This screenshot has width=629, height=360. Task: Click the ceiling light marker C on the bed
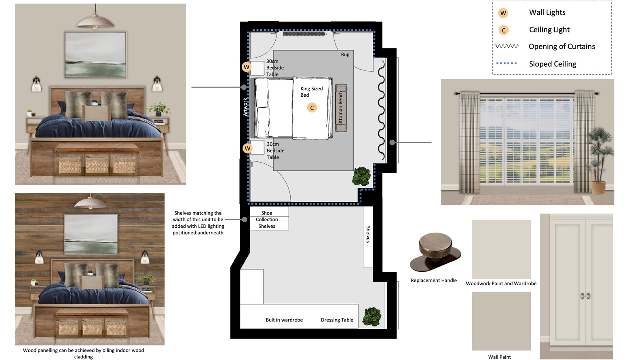(x=312, y=108)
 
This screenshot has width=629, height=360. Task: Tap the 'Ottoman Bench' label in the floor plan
(x=341, y=108)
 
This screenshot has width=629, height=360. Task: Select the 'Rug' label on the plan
(x=345, y=55)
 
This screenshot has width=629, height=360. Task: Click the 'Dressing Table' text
(x=337, y=320)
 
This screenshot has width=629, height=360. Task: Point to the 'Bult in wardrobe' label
(x=284, y=320)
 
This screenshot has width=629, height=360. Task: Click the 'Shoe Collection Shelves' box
(x=269, y=218)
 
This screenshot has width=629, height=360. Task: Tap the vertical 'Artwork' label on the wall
(x=245, y=107)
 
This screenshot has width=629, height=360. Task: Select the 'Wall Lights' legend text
(x=547, y=13)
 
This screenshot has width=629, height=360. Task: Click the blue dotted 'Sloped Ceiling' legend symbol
(x=506, y=63)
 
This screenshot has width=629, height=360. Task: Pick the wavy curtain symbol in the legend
(x=507, y=46)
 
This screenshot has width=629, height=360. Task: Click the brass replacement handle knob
(x=435, y=252)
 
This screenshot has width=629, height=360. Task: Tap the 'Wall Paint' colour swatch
(x=501, y=321)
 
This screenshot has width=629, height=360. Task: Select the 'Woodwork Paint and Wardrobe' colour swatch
(x=501, y=249)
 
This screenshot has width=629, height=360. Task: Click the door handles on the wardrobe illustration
(x=585, y=296)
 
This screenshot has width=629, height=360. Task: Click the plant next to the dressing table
(x=372, y=317)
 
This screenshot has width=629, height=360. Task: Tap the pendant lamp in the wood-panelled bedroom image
(x=90, y=202)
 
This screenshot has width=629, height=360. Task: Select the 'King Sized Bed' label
(x=311, y=91)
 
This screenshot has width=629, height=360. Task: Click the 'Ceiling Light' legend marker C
(x=503, y=30)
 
